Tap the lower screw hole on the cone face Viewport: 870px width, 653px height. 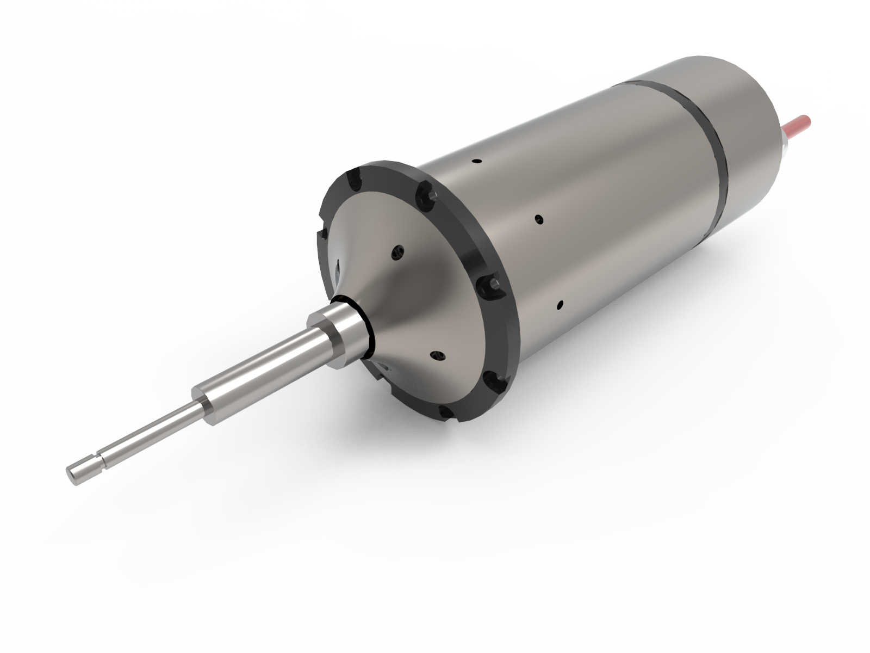[x=437, y=355]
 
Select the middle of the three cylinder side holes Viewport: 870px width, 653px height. [x=539, y=219]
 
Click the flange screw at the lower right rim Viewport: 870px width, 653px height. [x=492, y=377]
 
